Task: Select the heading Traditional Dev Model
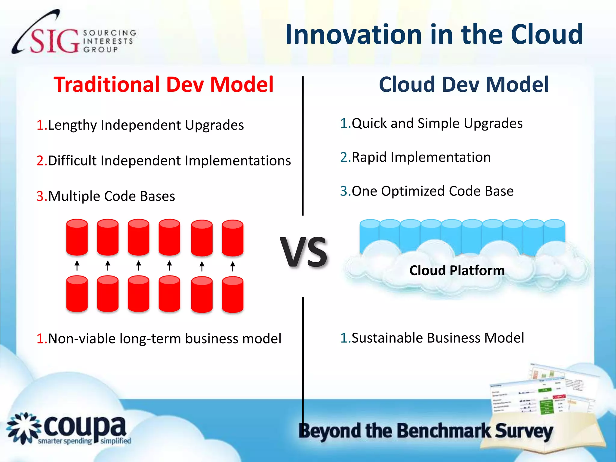164,85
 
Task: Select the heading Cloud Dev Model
464,85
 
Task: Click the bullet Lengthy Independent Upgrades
146,125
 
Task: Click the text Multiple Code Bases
111,196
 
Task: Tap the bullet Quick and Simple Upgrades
437,123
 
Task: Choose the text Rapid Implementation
421,157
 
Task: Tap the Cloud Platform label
457,270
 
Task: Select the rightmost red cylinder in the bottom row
233,295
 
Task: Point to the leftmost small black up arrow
77,266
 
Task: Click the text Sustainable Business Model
438,338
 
